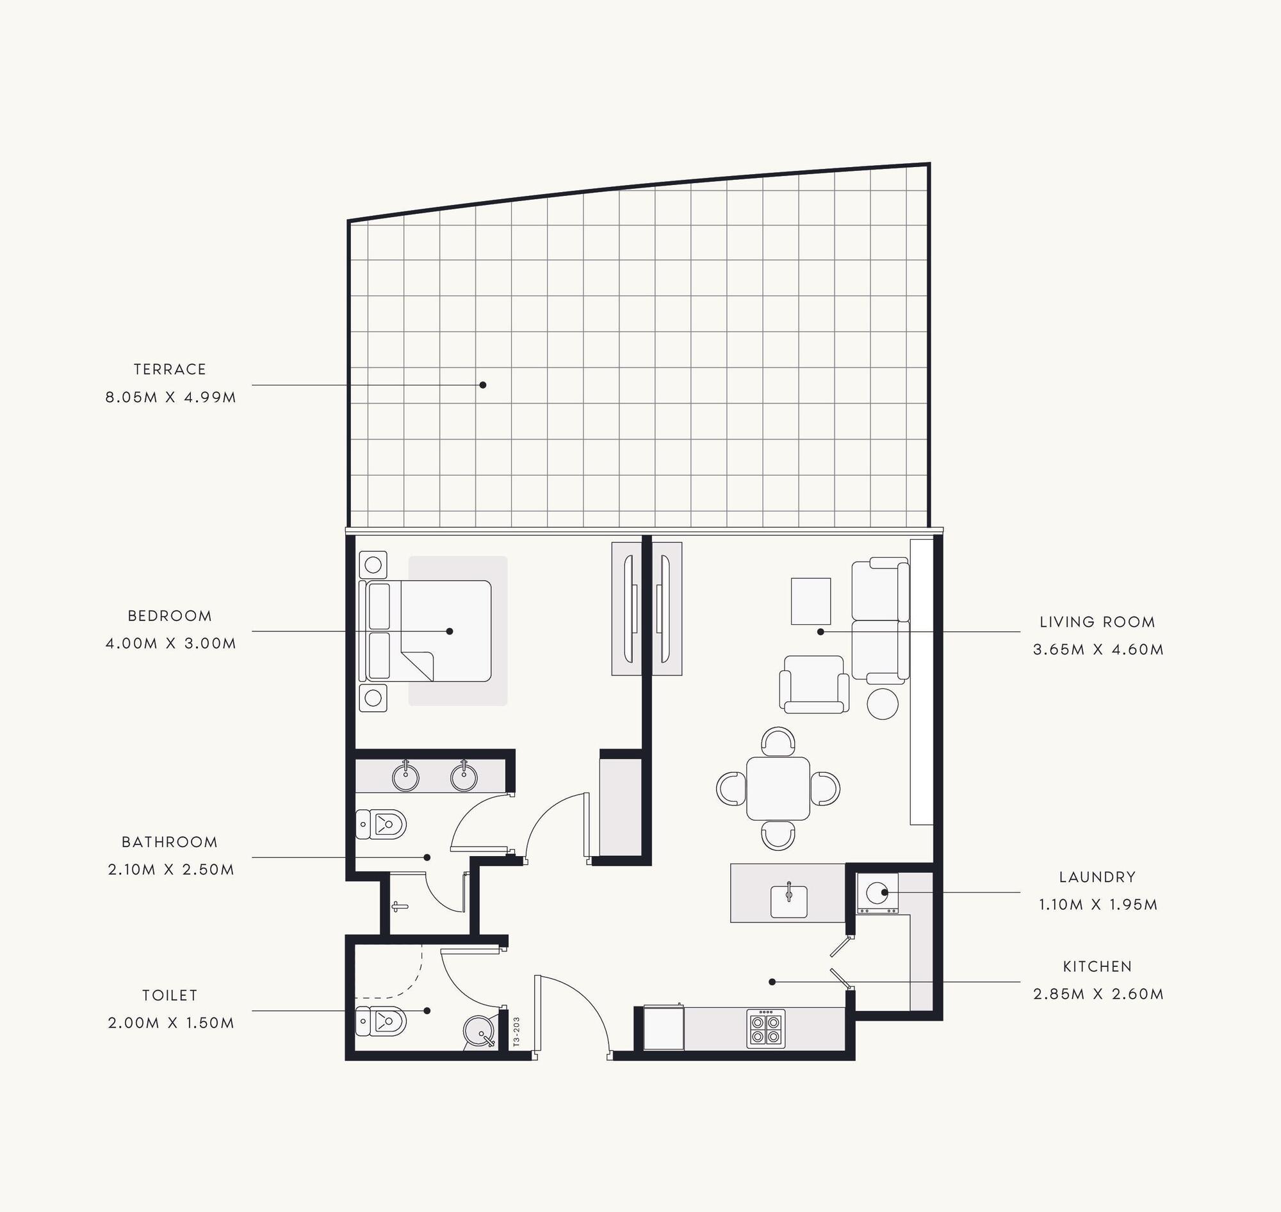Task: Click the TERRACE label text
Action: coord(170,369)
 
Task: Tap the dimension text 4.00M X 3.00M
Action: coord(170,643)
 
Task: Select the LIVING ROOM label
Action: coord(1097,622)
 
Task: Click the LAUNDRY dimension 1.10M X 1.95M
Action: coord(1098,905)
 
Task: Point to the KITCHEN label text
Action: coord(1097,967)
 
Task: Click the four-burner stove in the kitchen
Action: coord(766,1028)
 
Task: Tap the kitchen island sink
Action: coord(788,901)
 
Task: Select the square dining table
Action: coord(778,788)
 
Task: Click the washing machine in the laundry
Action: coord(877,893)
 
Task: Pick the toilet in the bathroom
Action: coord(380,824)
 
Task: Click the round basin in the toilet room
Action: coord(480,1032)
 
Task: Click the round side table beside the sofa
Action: coord(883,704)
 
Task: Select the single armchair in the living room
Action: coord(814,685)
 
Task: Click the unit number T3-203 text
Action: coord(516,1031)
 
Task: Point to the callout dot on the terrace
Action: coord(483,385)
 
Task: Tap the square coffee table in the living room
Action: coord(811,601)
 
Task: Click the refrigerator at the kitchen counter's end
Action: coord(663,1027)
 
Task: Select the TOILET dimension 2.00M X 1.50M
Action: coord(170,1023)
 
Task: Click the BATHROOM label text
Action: coord(170,842)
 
